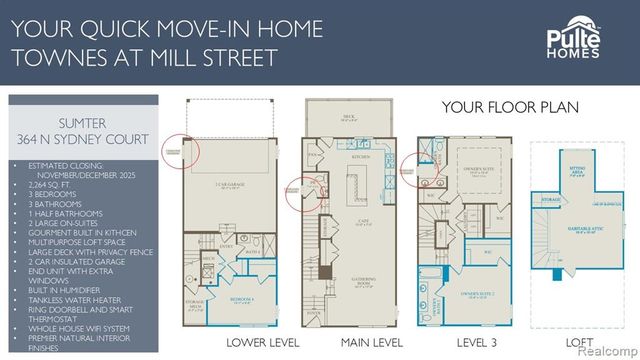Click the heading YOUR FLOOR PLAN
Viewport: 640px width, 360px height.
pos(506,107)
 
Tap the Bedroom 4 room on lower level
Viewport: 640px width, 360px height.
pos(243,301)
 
